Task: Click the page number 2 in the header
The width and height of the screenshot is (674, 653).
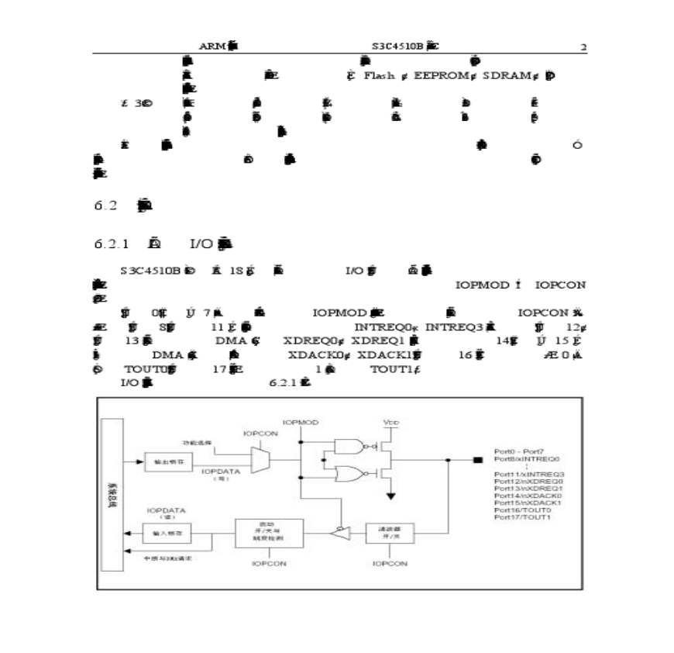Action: coord(583,47)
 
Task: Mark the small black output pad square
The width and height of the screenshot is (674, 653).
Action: coord(477,459)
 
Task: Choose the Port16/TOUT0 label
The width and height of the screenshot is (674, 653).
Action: coord(521,510)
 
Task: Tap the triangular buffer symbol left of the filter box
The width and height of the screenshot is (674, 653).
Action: coord(340,532)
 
